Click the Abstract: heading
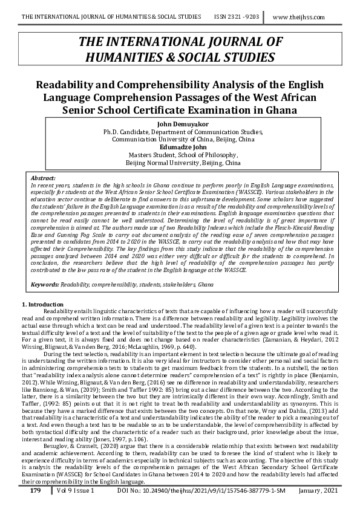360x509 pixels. click(x=43, y=180)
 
